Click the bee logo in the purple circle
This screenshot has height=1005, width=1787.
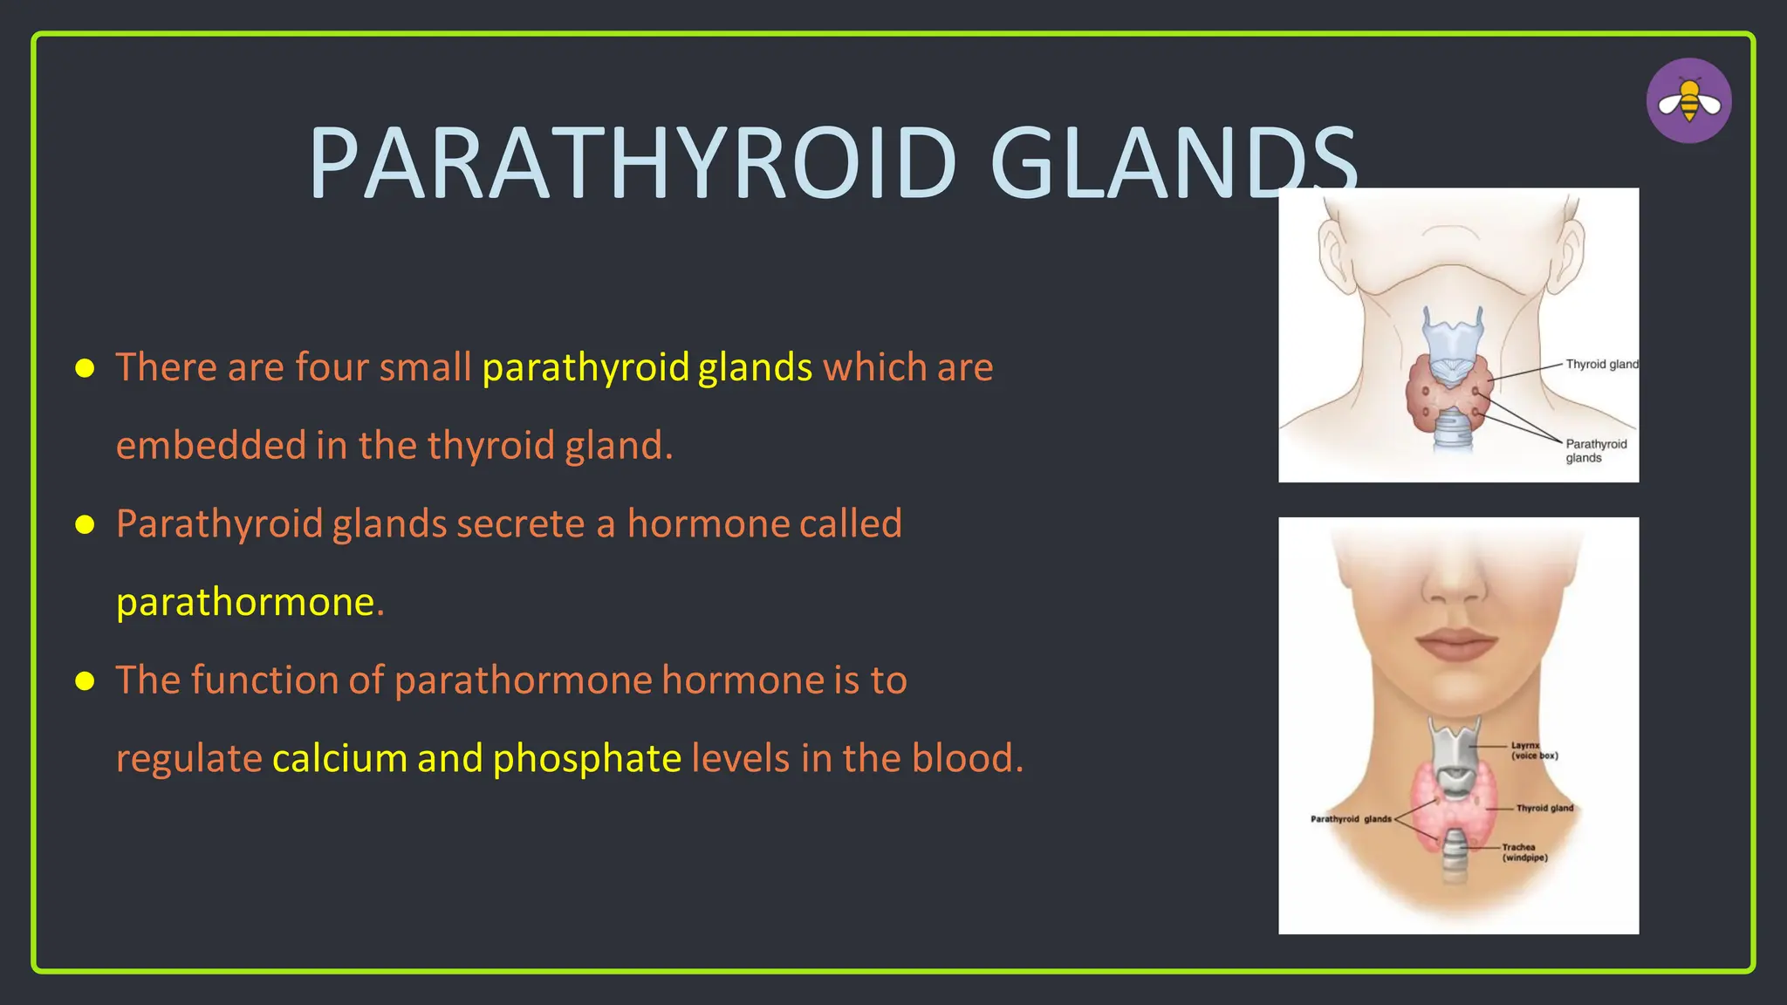[1688, 101]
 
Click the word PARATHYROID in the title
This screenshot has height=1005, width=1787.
[633, 164]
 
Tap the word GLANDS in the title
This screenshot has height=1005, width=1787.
[1174, 164]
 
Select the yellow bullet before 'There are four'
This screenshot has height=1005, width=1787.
[85, 368]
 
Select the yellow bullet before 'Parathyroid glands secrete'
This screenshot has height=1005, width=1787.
[85, 524]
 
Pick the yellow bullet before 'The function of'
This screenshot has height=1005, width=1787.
[85, 680]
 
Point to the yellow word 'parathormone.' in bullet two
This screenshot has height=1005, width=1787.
[250, 602]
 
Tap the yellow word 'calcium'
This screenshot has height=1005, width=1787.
[339, 758]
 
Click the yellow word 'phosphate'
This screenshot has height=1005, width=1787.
[586, 758]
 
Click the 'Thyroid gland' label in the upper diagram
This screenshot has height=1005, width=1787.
[1601, 365]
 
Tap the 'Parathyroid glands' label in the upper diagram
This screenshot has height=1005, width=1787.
[1595, 451]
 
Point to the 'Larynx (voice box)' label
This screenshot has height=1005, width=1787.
[1533, 750]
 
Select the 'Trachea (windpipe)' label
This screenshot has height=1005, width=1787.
[1523, 852]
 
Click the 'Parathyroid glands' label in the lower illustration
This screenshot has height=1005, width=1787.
[1350, 819]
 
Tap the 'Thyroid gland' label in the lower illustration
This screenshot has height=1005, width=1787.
[1544, 808]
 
